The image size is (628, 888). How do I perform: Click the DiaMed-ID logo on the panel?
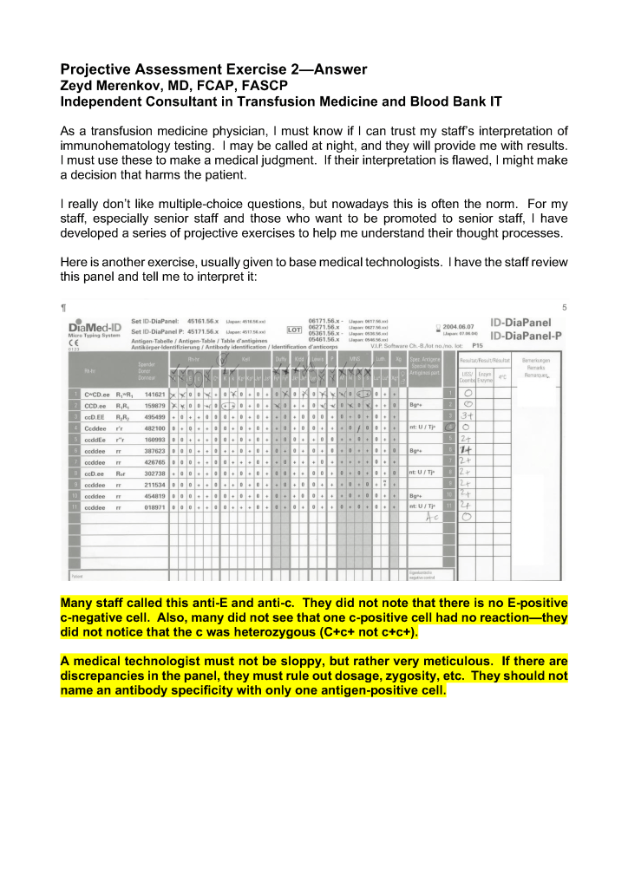click(96, 326)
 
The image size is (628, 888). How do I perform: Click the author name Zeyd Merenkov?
click(107, 86)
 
